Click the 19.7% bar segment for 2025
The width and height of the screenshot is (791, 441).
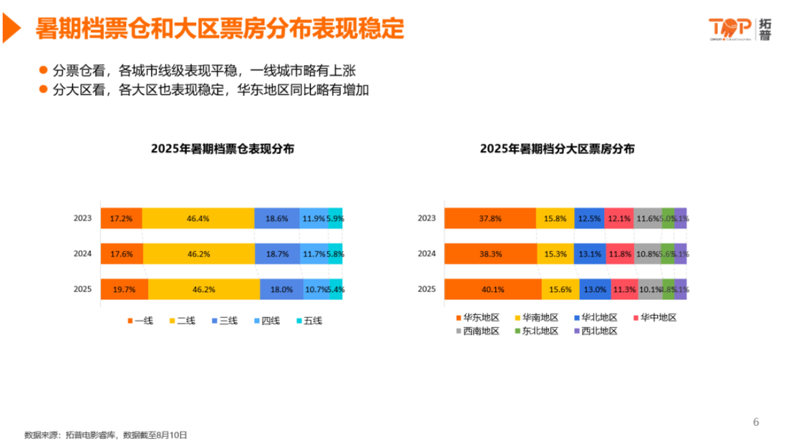(x=124, y=290)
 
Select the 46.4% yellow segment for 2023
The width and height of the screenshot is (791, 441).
(x=198, y=218)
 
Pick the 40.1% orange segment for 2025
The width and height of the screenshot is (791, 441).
(x=493, y=290)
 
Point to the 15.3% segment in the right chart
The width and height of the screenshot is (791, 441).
(x=555, y=254)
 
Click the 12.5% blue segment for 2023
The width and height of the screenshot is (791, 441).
(x=589, y=218)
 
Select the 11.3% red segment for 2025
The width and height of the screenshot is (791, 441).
(x=624, y=290)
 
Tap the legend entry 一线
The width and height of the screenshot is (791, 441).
(x=140, y=321)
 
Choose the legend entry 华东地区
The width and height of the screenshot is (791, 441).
(x=477, y=318)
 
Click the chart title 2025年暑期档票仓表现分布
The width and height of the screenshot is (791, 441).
(x=222, y=149)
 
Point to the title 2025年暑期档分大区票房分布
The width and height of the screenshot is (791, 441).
(x=557, y=149)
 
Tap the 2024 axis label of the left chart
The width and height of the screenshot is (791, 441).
(x=82, y=254)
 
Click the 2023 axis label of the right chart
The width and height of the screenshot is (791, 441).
(x=426, y=218)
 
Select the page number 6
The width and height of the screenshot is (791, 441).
(x=756, y=422)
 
